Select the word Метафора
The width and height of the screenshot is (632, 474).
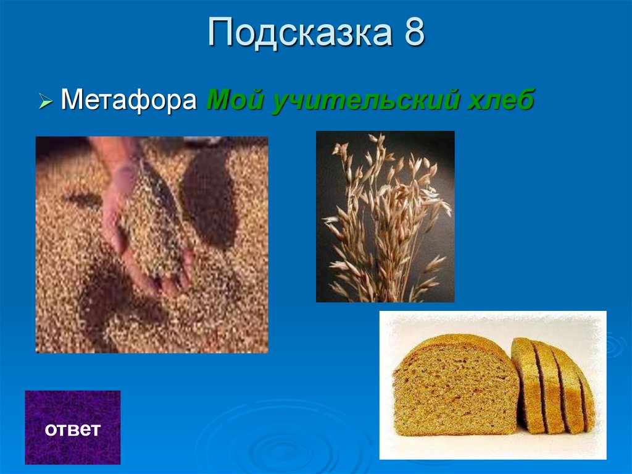point(129,99)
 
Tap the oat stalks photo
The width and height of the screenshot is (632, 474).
point(385,216)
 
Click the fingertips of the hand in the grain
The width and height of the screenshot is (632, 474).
point(170,281)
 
